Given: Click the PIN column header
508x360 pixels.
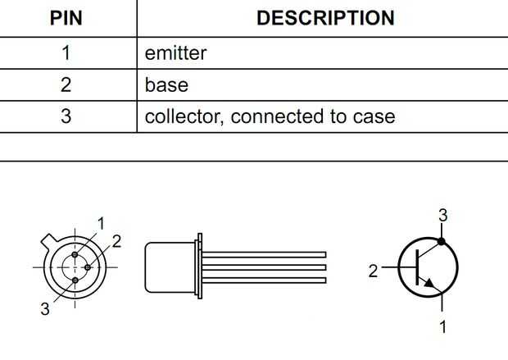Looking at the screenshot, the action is coord(66,18).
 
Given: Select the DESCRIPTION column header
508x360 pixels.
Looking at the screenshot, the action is coord(325,18).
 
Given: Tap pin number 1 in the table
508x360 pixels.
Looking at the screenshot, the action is coord(66,52).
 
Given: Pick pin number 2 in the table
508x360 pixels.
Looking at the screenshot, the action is coord(66,84).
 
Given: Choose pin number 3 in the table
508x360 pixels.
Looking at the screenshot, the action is coord(66,116).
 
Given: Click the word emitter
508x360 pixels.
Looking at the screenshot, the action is coord(175,53).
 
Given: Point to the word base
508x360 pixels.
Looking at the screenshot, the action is coord(166,85).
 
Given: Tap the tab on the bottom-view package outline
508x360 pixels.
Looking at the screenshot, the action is coord(49,240).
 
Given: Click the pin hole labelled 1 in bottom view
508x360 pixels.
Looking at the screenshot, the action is coord(75,254).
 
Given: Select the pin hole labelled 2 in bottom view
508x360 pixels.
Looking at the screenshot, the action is coord(88,267).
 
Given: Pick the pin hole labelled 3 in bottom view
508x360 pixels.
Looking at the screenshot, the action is coord(75,280).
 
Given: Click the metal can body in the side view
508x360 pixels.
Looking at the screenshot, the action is coord(170,267).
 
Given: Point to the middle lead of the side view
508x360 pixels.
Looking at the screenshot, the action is coord(264,267).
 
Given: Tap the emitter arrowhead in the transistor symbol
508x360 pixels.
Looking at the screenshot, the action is coord(429,283).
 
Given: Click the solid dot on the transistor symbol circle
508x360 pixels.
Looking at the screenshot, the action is coord(442,241).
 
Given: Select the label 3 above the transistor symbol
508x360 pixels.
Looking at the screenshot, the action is coord(443,216).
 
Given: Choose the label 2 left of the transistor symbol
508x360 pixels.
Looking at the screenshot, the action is coord(374,271).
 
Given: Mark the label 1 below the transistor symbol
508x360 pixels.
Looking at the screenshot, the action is coord(443,326).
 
